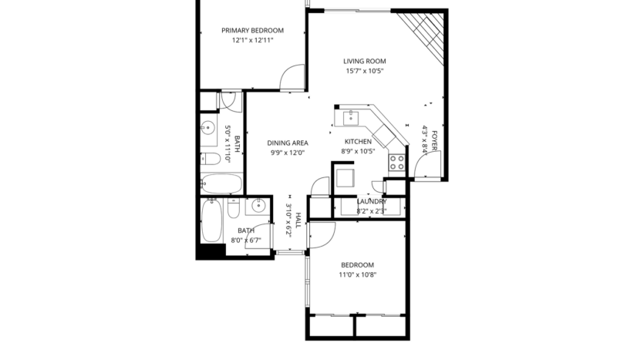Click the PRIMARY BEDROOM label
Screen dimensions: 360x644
pyautogui.click(x=252, y=31)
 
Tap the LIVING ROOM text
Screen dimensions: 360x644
pyautogui.click(x=364, y=61)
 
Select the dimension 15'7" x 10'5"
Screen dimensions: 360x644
pyautogui.click(x=364, y=71)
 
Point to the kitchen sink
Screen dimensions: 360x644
pyautogui.click(x=351, y=117)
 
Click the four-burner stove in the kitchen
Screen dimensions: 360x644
pyautogui.click(x=397, y=163)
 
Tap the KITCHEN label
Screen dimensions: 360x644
pyautogui.click(x=358, y=142)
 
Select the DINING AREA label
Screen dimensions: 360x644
pyautogui.click(x=288, y=143)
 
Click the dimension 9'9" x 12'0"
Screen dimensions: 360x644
pyautogui.click(x=288, y=153)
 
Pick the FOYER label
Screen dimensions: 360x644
pyautogui.click(x=435, y=142)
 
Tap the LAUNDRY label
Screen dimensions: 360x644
pyautogui.click(x=372, y=201)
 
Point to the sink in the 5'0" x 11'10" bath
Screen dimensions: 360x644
pyautogui.click(x=208, y=129)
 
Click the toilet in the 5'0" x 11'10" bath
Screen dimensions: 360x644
pyautogui.click(x=210, y=160)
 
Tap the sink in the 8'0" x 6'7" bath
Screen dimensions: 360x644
pyautogui.click(x=258, y=207)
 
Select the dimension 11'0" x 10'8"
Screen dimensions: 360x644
pyautogui.click(x=358, y=274)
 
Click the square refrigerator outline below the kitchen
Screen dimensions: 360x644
pyautogui.click(x=343, y=179)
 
